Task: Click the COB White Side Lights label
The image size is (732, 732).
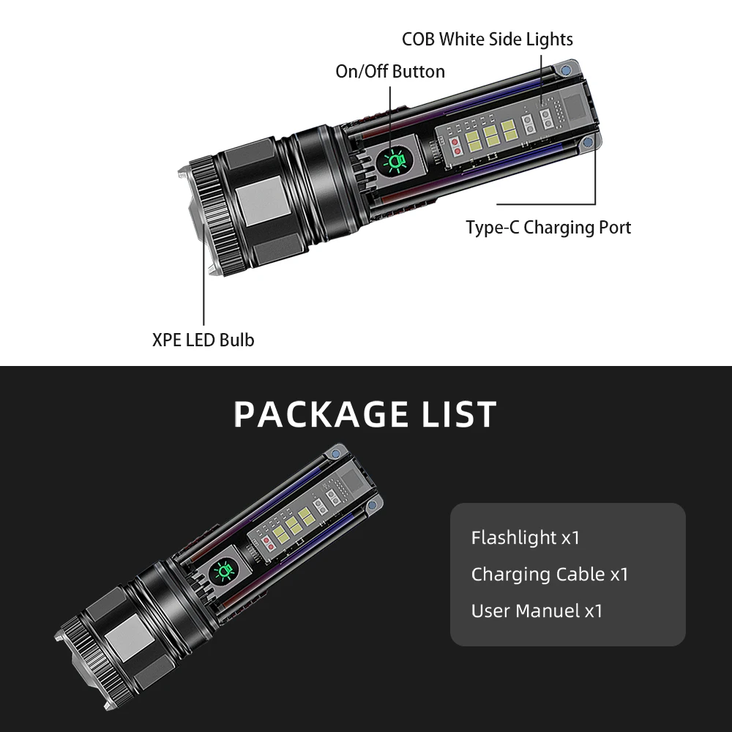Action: pyautogui.click(x=487, y=39)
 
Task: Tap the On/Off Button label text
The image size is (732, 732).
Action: pyautogui.click(x=390, y=71)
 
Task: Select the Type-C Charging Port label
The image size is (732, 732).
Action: pyautogui.click(x=548, y=227)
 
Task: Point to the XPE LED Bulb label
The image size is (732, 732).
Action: pyautogui.click(x=203, y=340)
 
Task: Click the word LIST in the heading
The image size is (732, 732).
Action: pyautogui.click(x=459, y=414)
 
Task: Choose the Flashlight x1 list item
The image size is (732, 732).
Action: pyautogui.click(x=525, y=538)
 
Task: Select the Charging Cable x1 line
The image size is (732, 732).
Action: pyautogui.click(x=549, y=575)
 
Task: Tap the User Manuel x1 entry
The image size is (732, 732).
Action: pyautogui.click(x=537, y=610)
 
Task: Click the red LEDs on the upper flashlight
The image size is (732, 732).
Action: pyautogui.click(x=457, y=146)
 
